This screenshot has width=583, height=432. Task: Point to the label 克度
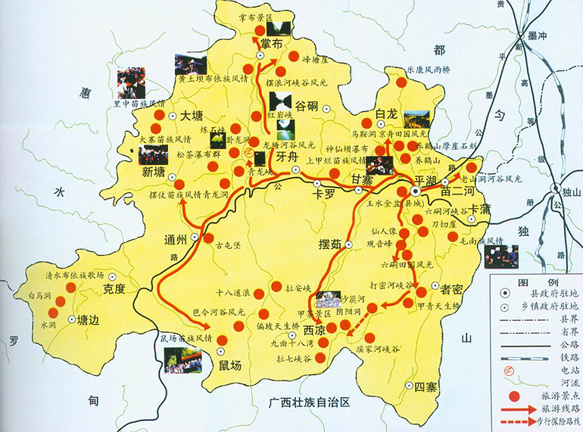coord(114,288)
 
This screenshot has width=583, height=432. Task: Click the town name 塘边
coord(89,319)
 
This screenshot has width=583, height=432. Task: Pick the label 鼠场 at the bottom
coord(229,366)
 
